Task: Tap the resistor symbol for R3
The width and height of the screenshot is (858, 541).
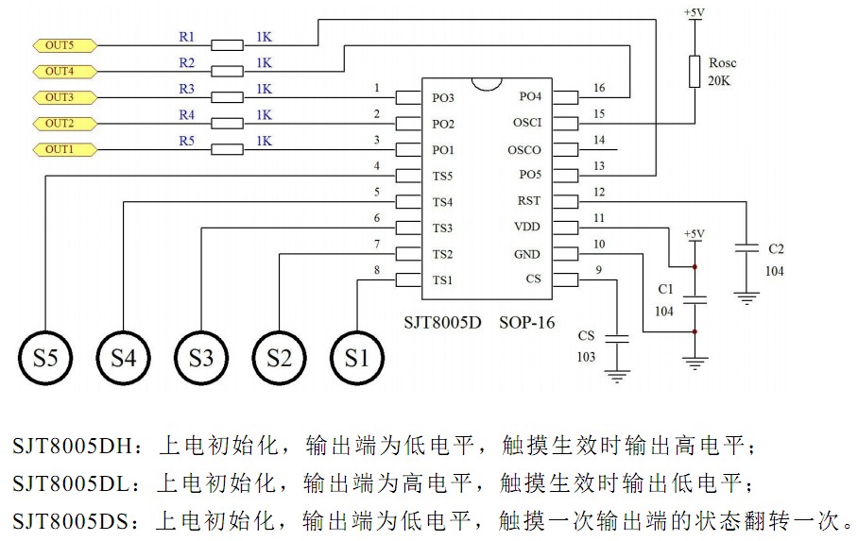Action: pyautogui.click(x=227, y=97)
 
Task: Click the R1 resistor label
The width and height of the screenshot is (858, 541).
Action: pyautogui.click(x=187, y=38)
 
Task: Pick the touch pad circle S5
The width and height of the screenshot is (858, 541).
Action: pyautogui.click(x=45, y=358)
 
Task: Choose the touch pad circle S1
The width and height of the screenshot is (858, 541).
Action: pyautogui.click(x=357, y=358)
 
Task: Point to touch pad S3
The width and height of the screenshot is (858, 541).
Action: pyautogui.click(x=201, y=358)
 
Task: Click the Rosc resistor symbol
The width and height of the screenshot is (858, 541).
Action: pyautogui.click(x=695, y=71)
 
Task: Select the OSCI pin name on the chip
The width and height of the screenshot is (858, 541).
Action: pyautogui.click(x=527, y=124)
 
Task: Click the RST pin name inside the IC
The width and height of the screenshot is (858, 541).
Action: pyautogui.click(x=529, y=201)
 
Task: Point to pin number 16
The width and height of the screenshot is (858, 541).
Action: pyautogui.click(x=598, y=88)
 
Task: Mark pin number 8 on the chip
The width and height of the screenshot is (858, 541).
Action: pyautogui.click(x=377, y=270)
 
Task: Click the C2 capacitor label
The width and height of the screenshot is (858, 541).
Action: pyautogui.click(x=776, y=249)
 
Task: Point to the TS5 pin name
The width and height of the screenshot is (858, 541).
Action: pyautogui.click(x=443, y=176)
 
